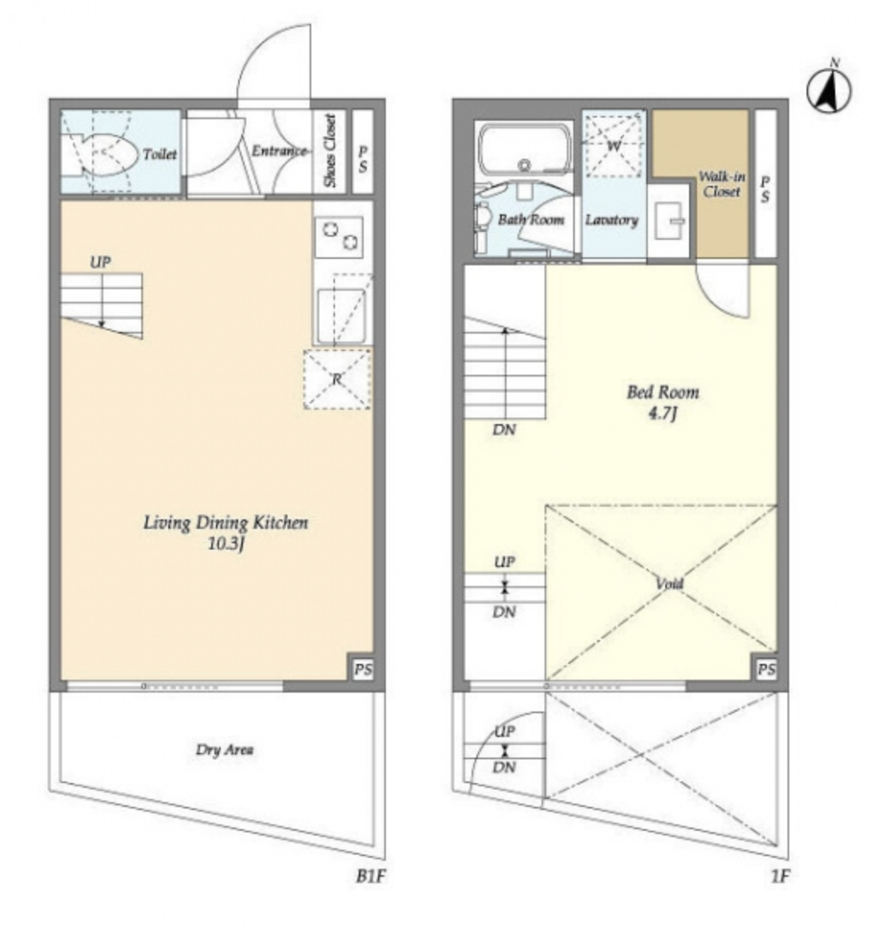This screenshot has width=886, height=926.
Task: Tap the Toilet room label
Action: click(x=160, y=154)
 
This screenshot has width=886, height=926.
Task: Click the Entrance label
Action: click(x=279, y=151)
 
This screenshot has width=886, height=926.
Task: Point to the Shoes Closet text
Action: click(x=330, y=151)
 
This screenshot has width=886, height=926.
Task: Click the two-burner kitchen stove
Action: click(x=339, y=237)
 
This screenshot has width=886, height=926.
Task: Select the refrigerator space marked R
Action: click(x=337, y=379)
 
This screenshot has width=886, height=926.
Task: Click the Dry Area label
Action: click(x=225, y=750)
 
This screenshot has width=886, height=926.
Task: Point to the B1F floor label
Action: click(x=371, y=876)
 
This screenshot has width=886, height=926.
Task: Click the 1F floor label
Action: click(x=780, y=876)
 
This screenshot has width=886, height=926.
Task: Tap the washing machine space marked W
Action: click(x=614, y=146)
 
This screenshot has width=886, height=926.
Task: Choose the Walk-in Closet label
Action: click(x=722, y=184)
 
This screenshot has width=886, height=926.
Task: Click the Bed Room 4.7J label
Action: click(x=663, y=402)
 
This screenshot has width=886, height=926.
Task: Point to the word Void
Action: click(x=669, y=584)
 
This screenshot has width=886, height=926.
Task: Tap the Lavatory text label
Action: click(x=611, y=220)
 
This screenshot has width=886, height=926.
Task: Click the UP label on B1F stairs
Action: click(x=100, y=261)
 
